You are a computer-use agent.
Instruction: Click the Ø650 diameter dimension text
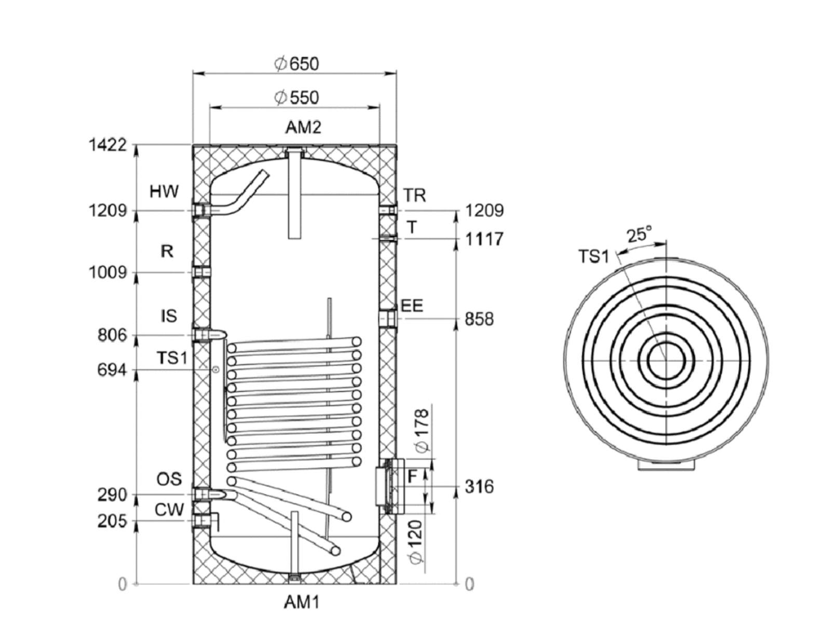296,64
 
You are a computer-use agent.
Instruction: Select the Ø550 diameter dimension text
296,98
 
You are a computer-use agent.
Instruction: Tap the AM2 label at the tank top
303,127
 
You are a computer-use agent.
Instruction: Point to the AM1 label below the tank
302,602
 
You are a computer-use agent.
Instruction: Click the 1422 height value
108,145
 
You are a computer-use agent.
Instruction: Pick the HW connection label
164,191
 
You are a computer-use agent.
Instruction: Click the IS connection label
169,315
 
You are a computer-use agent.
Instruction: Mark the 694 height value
112,370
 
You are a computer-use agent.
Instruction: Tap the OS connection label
169,479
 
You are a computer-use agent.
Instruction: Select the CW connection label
169,510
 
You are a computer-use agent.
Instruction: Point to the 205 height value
112,521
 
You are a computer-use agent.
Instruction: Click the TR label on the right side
415,196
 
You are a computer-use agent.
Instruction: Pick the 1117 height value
484,239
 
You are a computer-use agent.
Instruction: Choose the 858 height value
479,319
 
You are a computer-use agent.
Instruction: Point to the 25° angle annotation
639,235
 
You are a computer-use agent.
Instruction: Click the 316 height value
479,487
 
